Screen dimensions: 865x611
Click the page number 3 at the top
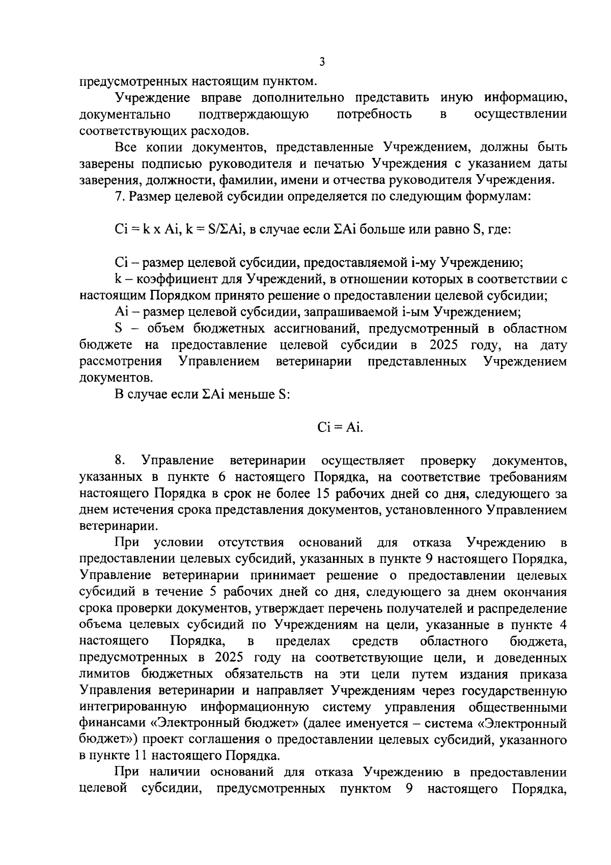[x=321, y=62]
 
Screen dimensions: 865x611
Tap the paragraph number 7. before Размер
[x=119, y=196]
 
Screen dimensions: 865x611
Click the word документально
[x=125, y=114]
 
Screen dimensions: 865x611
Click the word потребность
[x=374, y=114]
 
